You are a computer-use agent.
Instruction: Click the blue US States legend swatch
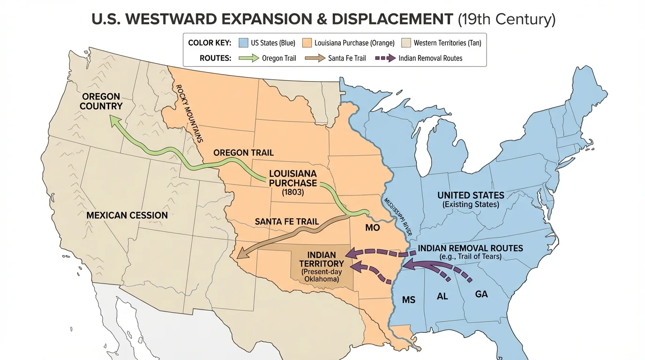[243, 43]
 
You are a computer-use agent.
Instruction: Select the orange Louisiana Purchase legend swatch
[307, 43]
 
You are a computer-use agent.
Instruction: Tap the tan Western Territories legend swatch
[406, 43]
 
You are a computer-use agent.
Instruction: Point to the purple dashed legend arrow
[382, 58]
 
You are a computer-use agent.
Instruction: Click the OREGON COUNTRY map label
[101, 101]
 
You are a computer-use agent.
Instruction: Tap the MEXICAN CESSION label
[127, 215]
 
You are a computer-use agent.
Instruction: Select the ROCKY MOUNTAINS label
[189, 113]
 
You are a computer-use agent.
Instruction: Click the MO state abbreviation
[372, 228]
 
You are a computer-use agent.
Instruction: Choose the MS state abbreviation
[409, 300]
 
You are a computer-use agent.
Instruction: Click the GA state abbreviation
[481, 294]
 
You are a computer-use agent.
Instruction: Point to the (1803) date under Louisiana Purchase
[293, 192]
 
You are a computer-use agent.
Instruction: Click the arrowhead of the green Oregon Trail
[114, 121]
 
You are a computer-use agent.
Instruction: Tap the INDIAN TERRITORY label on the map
[322, 259]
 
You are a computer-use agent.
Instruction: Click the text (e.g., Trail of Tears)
[470, 257]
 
